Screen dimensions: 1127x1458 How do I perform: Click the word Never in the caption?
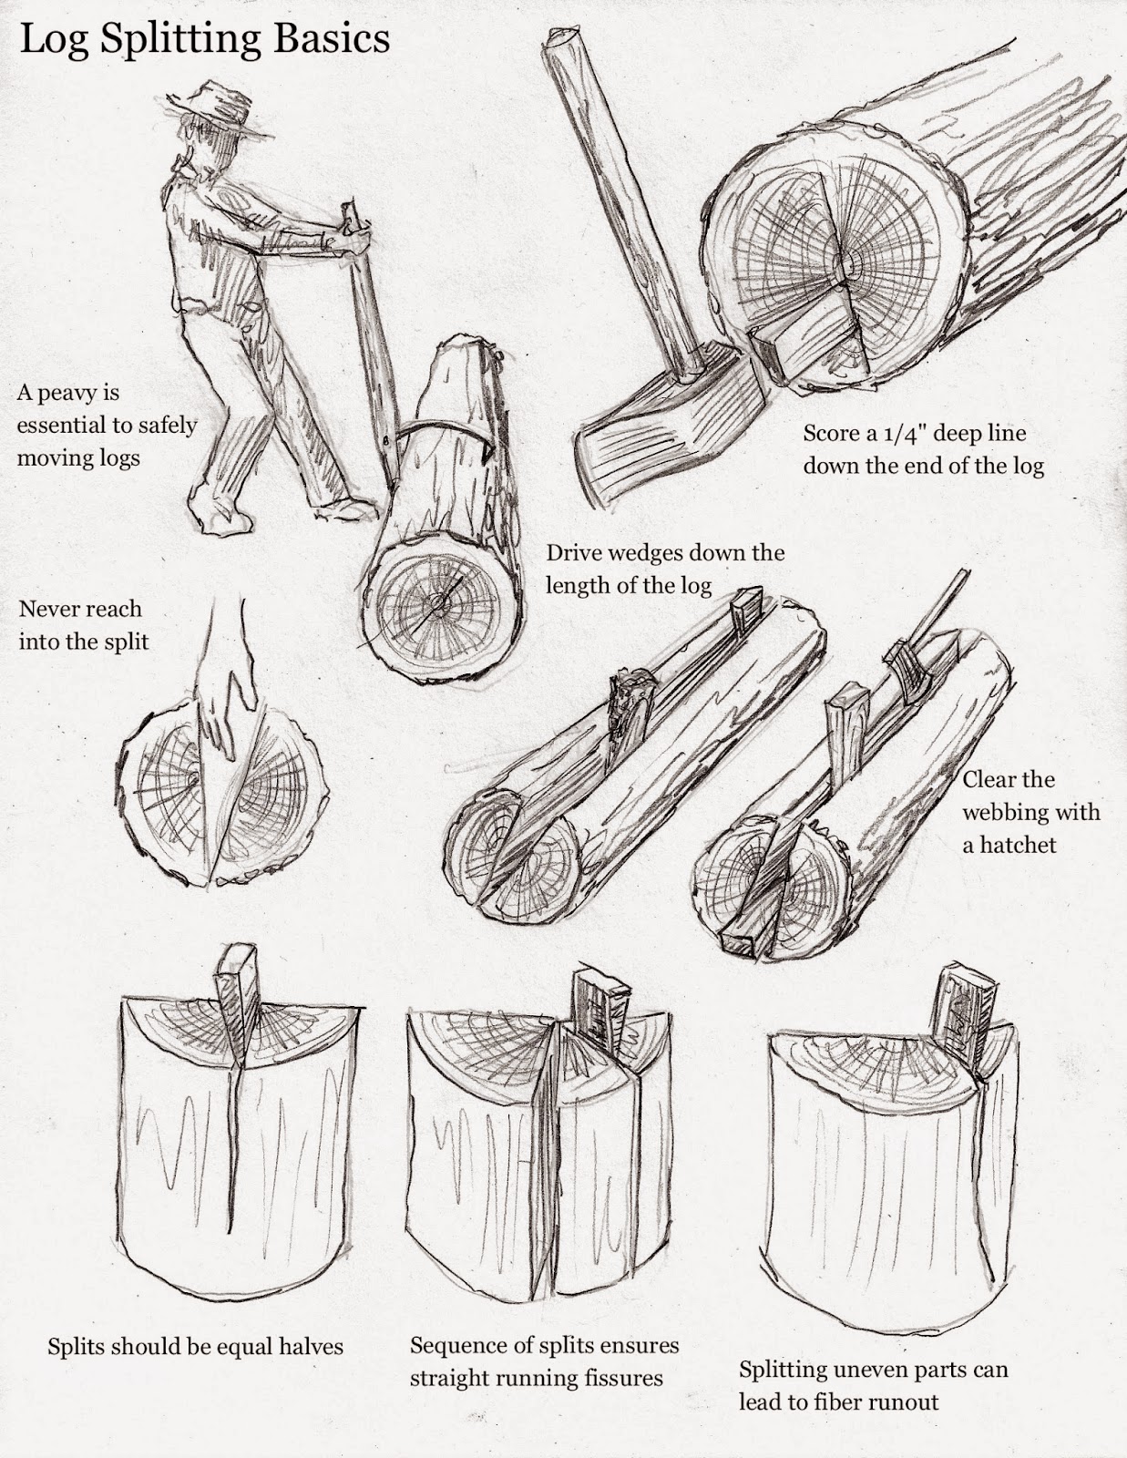click(48, 610)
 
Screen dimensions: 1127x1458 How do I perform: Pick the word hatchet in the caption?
click(1009, 845)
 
